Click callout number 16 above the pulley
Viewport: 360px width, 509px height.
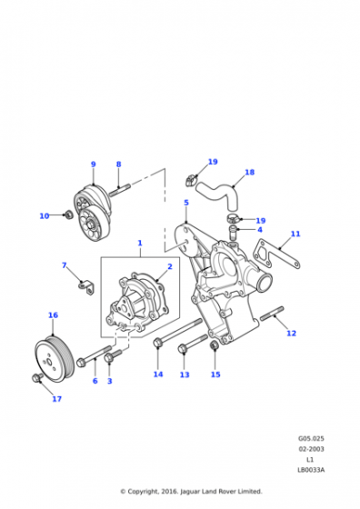click(x=53, y=315)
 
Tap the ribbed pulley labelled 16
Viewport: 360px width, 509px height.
click(x=55, y=359)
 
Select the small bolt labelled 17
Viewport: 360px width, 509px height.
click(x=36, y=377)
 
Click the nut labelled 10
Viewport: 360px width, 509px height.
click(x=68, y=215)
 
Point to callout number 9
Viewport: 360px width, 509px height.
click(x=94, y=165)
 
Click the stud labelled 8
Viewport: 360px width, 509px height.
click(x=119, y=191)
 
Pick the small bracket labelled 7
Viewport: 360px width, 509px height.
click(x=86, y=287)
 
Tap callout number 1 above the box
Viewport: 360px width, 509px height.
click(x=140, y=244)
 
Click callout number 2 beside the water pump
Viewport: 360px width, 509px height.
click(x=170, y=266)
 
